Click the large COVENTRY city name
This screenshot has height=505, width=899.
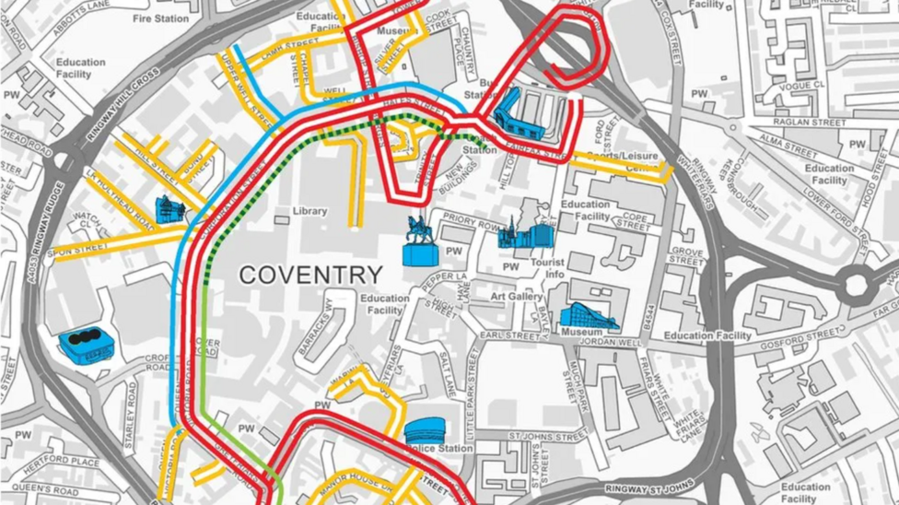310,274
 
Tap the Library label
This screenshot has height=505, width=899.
309,211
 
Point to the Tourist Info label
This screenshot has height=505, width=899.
547,268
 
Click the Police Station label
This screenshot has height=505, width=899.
442,449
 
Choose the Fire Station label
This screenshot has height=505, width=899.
160,18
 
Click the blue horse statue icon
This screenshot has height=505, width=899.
420,243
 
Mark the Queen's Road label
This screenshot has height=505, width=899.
44,488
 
